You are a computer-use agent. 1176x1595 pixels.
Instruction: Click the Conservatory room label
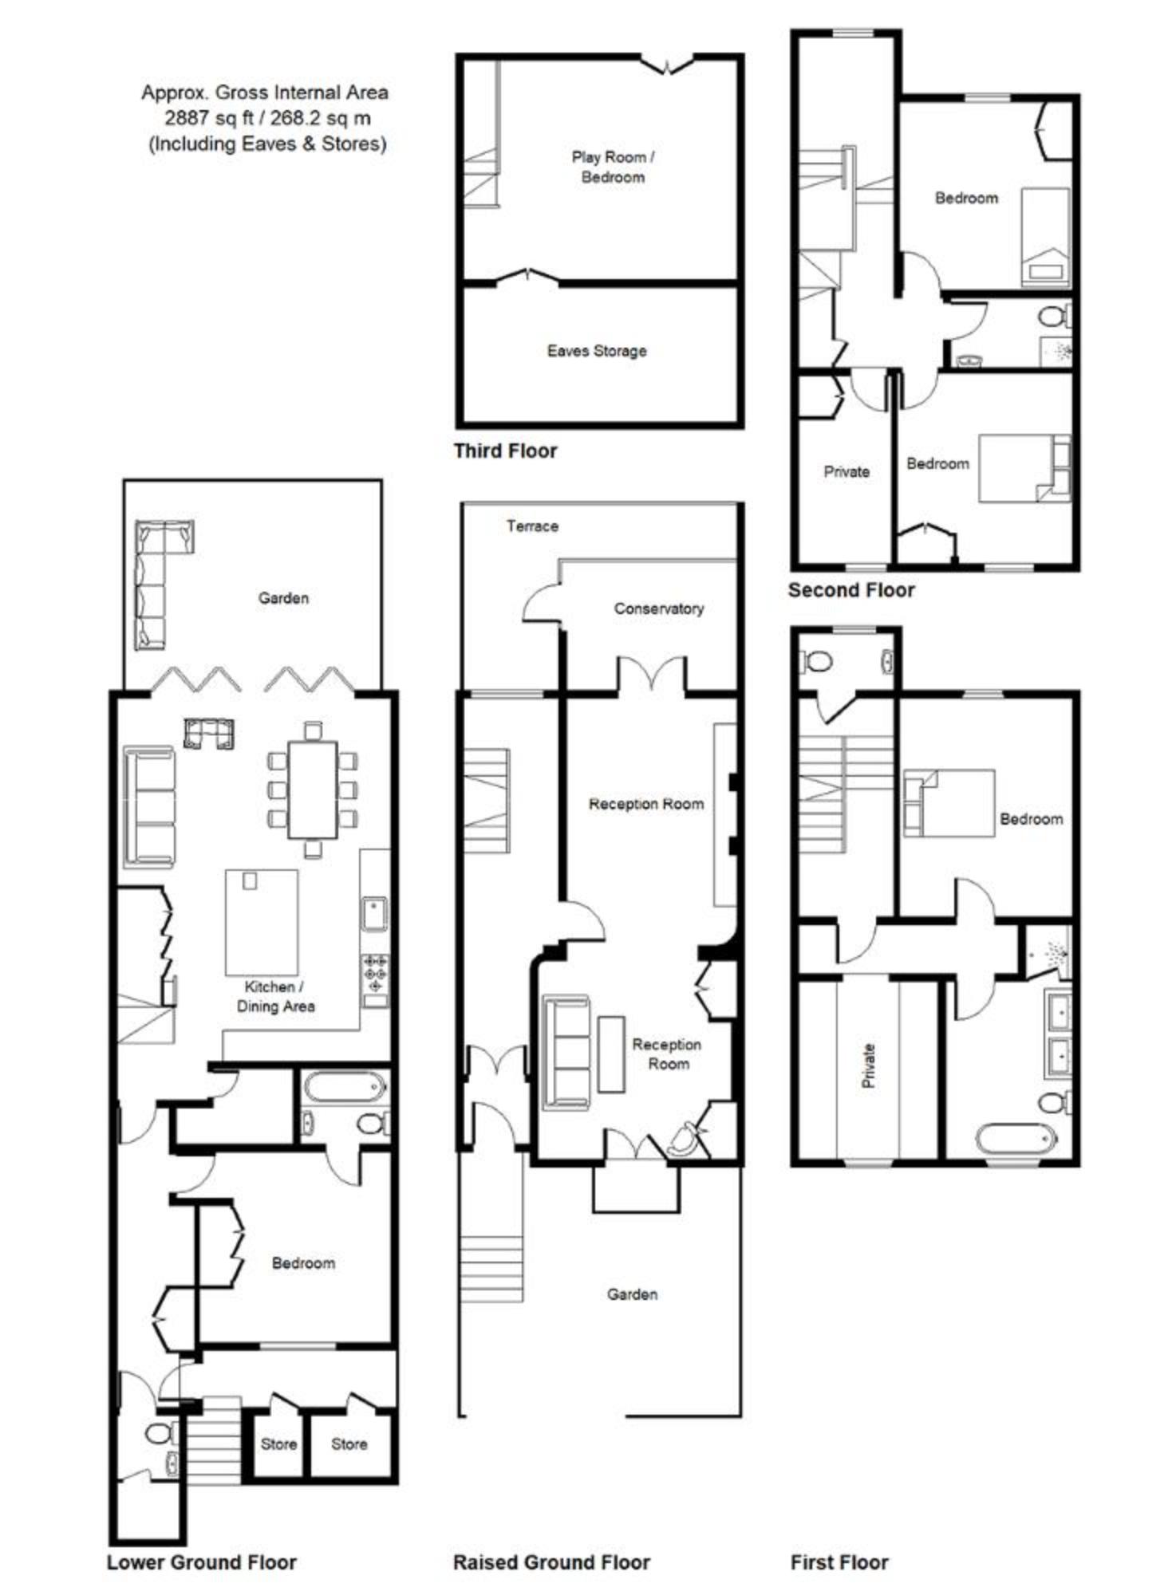[658, 608]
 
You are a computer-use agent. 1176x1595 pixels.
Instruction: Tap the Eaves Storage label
[597, 351]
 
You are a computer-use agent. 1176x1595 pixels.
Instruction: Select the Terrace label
[532, 526]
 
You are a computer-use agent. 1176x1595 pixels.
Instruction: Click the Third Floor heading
[505, 451]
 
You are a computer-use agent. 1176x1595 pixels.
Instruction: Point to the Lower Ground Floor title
[202, 1562]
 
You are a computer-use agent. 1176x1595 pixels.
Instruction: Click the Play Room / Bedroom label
[613, 167]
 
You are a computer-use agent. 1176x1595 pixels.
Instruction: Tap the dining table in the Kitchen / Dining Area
[313, 790]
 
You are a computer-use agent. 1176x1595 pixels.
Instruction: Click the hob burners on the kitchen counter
[375, 974]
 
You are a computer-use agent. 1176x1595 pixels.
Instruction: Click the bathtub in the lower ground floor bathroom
[345, 1086]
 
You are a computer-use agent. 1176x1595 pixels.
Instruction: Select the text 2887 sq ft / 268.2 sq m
[267, 118]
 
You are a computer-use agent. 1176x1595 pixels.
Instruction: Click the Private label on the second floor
[846, 472]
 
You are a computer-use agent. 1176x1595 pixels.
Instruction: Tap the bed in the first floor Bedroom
[949, 803]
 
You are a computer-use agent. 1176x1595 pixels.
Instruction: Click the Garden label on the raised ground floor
[632, 1294]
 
